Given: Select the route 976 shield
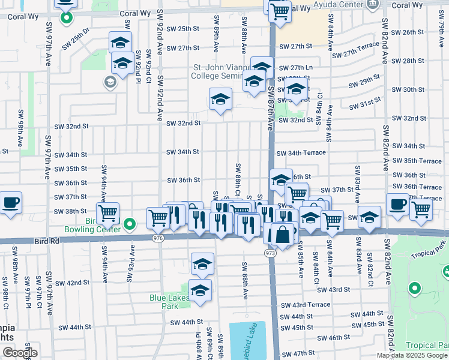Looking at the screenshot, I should [158, 238].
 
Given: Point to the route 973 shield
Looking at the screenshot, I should [270, 254].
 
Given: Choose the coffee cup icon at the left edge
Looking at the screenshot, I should [10, 203].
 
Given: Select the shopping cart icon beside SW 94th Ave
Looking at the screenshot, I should [108, 212].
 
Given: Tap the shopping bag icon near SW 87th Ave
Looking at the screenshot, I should [282, 233].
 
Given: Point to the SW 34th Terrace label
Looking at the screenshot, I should [301, 153].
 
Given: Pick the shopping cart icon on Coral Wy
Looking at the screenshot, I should [279, 11].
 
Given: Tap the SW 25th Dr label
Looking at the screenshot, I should [81, 38].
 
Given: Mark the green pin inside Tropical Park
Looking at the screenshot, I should [414, 289].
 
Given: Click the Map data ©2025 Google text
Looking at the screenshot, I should [412, 355].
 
